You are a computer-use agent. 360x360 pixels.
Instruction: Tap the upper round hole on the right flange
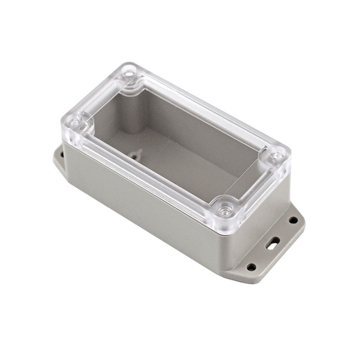point(293,220)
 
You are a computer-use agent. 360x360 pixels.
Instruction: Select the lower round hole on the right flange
point(251,267)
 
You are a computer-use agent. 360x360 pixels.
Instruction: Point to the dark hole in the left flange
point(62,154)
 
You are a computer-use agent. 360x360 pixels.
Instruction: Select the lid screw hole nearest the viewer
point(225,209)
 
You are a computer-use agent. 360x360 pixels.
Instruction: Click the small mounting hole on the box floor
point(135,156)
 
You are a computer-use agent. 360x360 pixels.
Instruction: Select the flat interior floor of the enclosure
point(180,157)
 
